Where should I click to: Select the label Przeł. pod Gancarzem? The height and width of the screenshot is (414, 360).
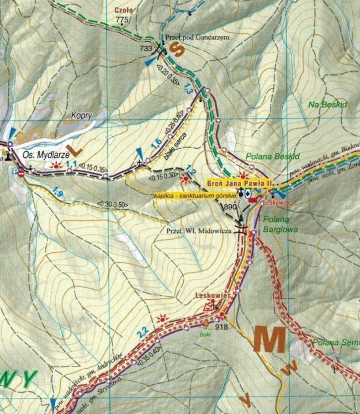click(x=197, y=37)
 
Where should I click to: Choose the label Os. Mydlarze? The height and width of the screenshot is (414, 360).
click(x=44, y=155)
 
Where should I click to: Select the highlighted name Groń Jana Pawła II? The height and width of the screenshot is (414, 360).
click(x=241, y=183)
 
